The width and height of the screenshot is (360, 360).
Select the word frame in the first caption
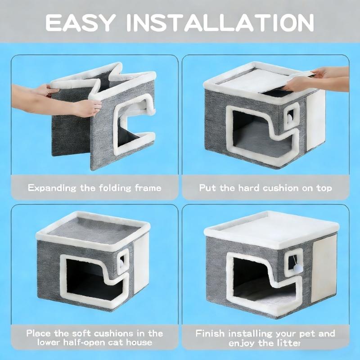click(x=148, y=188)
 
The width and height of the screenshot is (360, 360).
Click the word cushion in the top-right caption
click(x=281, y=188)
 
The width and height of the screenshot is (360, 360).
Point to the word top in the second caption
click(x=324, y=189)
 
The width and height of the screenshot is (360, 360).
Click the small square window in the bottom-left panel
click(x=122, y=261)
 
